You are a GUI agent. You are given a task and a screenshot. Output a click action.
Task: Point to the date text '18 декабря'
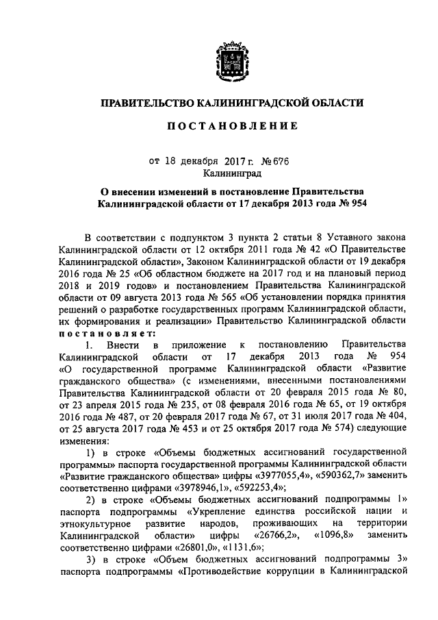(188, 162)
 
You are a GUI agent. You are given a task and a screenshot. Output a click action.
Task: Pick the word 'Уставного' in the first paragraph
(335, 235)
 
